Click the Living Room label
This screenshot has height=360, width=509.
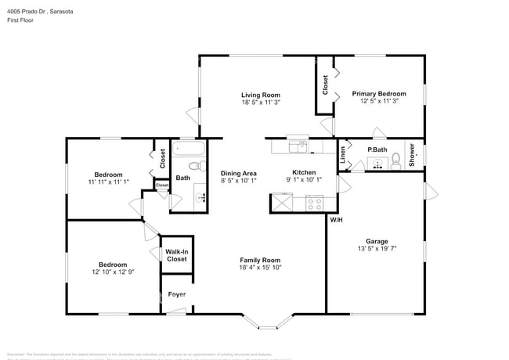pos(261,94)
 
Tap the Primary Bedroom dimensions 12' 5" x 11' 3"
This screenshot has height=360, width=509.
pos(380,101)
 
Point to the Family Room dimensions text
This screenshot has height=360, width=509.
pos(260,268)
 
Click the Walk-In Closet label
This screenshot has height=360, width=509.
pos(176,255)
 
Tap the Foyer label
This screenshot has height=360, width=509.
pos(177,294)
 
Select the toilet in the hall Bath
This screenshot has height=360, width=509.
pos(198,166)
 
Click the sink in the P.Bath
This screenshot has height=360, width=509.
pos(378,164)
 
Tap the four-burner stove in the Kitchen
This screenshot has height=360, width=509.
pos(316,203)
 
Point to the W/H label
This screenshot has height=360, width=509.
pos(335,220)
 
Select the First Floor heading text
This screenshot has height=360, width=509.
pos(20,20)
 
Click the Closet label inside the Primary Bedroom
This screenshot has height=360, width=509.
pos(325,84)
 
